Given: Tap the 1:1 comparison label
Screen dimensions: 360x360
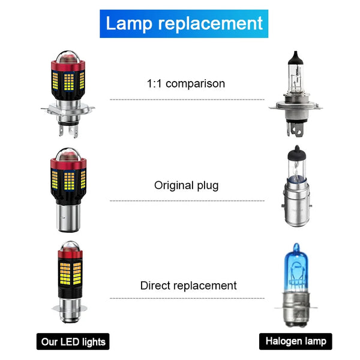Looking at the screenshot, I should [186, 83].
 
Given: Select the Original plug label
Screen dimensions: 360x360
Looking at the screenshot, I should [186, 185].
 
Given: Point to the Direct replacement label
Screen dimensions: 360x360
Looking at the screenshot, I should [188, 286].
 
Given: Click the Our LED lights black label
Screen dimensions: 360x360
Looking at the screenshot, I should [73, 342].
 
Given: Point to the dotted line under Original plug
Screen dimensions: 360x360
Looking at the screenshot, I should [186, 200].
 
